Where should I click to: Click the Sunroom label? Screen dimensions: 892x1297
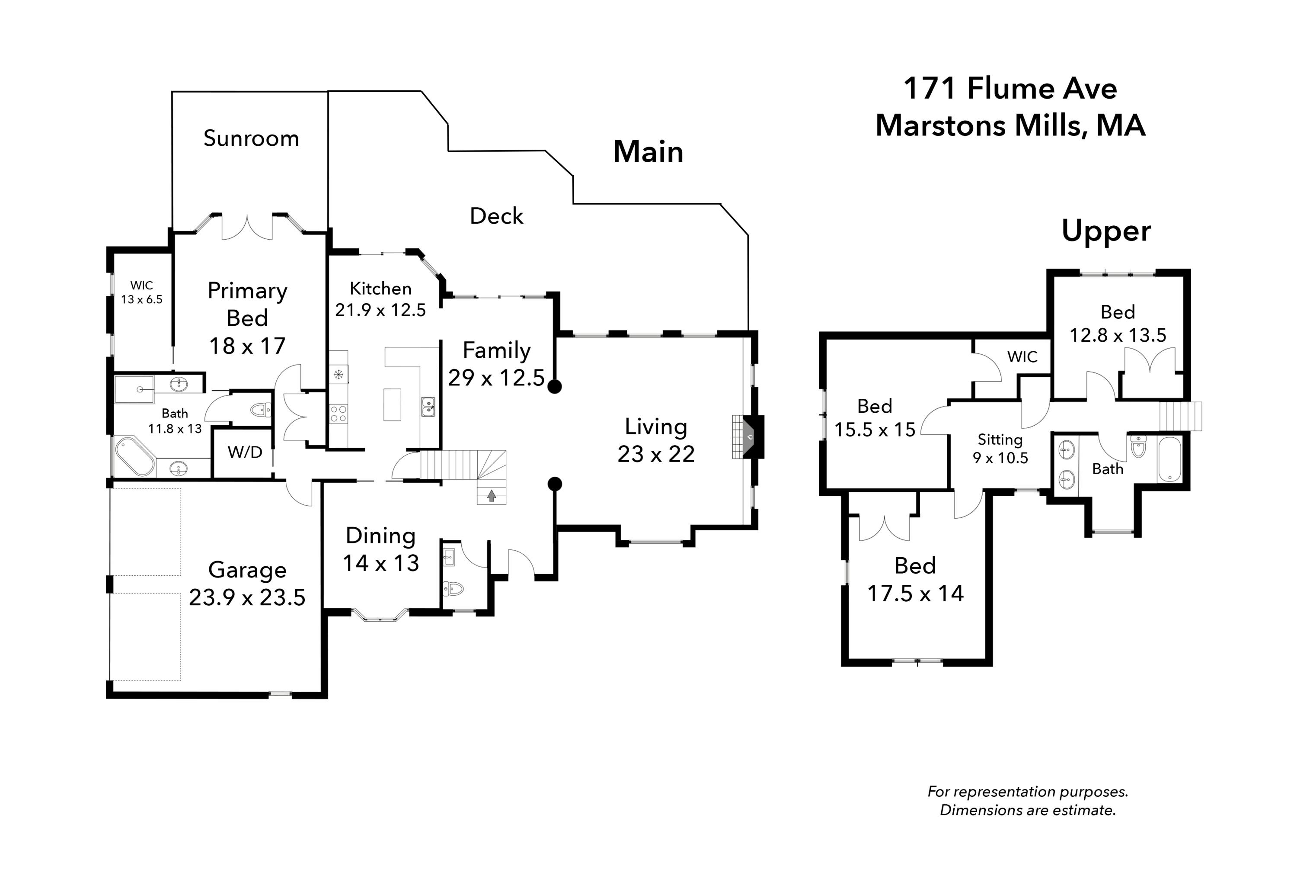pos(251,138)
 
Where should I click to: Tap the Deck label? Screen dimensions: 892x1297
pos(496,216)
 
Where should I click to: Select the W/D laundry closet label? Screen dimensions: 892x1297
pos(245,452)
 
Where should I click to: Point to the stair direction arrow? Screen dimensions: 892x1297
pos(492,496)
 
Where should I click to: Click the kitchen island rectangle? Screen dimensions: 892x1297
pos(392,404)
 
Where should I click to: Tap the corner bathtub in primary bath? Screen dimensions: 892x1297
pos(134,456)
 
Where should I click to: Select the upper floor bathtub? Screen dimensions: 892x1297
pos(1169,459)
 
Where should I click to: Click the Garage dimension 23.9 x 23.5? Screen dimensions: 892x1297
pos(247,597)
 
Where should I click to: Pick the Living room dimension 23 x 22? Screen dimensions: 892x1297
pos(656,454)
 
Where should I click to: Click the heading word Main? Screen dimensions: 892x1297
pos(648,152)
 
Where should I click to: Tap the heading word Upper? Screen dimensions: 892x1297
pos(1105,231)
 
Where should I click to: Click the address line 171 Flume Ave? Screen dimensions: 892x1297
pos(1010,88)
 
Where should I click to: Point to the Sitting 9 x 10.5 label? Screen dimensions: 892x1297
pos(1000,449)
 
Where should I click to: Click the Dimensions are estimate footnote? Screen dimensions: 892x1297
pos(1027,810)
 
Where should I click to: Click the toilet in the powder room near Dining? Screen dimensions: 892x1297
pos(453,588)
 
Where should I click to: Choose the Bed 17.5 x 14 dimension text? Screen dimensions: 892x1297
pos(915,594)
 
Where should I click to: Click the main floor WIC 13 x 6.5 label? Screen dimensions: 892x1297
pos(141,293)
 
